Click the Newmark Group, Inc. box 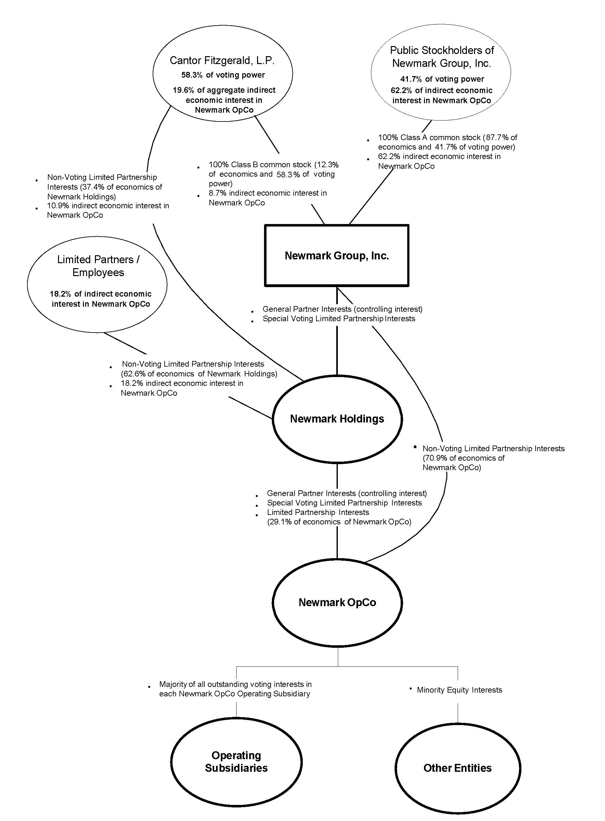click(x=337, y=255)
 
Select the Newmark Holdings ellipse click(x=337, y=419)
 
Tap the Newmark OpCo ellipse click(x=337, y=602)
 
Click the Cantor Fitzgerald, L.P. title click(x=222, y=61)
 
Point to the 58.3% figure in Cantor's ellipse click(x=192, y=75)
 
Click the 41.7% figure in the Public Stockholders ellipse click(x=411, y=79)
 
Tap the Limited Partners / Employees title click(x=98, y=266)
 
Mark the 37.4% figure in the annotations click(x=94, y=187)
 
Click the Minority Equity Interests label click(x=459, y=690)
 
